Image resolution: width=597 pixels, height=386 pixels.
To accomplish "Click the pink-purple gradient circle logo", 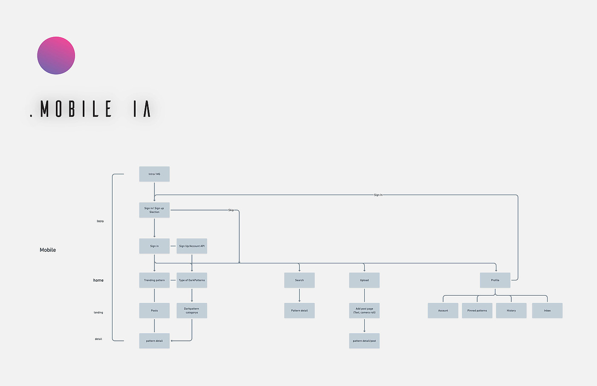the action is coord(56,55).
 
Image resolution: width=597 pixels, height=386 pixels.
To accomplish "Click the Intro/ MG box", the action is coord(154,174).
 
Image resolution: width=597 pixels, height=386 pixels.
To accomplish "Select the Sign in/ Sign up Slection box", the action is coord(154,210).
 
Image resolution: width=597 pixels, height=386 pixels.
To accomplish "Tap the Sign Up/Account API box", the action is coord(191,246).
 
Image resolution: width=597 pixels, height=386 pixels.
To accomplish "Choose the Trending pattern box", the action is coord(154,280).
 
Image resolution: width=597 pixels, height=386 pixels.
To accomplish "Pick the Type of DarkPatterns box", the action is coord(191,280).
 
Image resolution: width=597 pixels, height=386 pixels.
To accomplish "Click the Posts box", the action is coord(154,311).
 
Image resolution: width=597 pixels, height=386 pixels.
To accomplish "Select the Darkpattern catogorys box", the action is coord(191,311).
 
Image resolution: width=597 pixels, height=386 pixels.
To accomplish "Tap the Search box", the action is coord(299,280).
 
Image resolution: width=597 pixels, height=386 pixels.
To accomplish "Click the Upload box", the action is coord(364,280).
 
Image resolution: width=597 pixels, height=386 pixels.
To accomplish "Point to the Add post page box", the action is coord(364,311).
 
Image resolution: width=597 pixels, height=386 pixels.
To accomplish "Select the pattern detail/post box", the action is coord(364,341).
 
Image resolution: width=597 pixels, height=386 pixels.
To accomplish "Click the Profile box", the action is coord(495,280).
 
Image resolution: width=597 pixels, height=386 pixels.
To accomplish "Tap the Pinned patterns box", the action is coord(477,311).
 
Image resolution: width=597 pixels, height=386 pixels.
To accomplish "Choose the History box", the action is coord(511,311).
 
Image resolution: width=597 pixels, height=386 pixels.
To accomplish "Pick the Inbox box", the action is coord(547,311).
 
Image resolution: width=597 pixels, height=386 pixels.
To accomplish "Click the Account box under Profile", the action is coord(443,311).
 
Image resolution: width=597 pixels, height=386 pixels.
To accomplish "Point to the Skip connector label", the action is coord(231,210).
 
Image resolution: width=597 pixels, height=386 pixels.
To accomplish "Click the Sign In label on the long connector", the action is coord(378,195).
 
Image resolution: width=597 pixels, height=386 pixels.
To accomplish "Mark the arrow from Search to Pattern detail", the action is coord(299,295).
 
